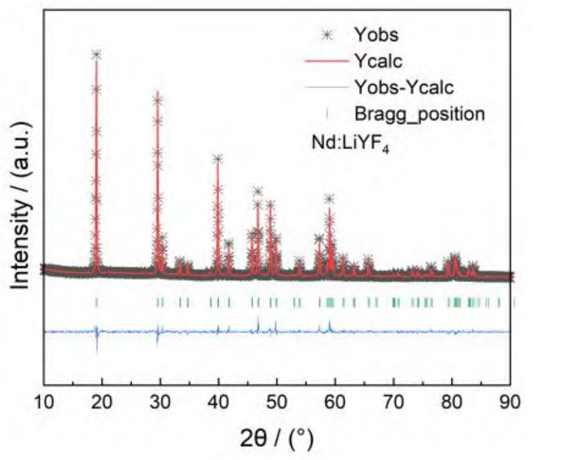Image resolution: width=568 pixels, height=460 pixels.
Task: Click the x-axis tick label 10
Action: click(44, 401)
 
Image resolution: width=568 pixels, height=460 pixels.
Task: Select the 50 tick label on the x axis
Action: click(277, 401)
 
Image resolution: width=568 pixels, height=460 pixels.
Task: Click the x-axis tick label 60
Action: click(335, 401)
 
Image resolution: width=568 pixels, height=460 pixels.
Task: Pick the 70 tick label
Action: click(393, 401)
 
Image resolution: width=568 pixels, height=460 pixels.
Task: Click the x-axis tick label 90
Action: click(510, 401)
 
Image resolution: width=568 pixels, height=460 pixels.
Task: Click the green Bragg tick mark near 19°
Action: click(96, 302)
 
